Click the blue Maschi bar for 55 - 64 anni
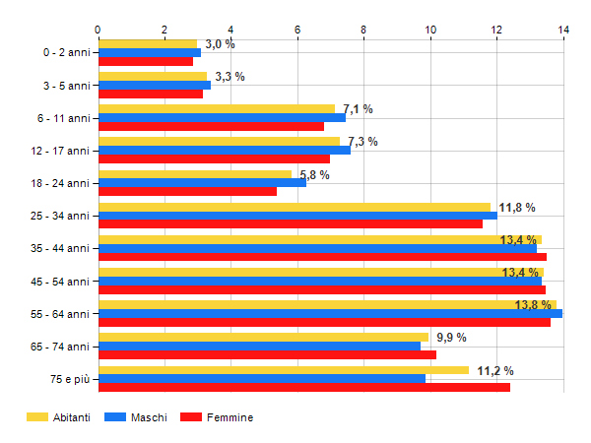tap(330, 314)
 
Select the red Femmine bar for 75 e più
tap(304, 388)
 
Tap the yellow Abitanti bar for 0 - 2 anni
tap(148, 43)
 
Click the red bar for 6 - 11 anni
tap(211, 126)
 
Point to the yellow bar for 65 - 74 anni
tap(263, 337)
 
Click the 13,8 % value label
tap(533, 305)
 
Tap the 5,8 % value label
tap(314, 175)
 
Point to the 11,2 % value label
tap(494, 371)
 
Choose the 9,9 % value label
tap(451, 338)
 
